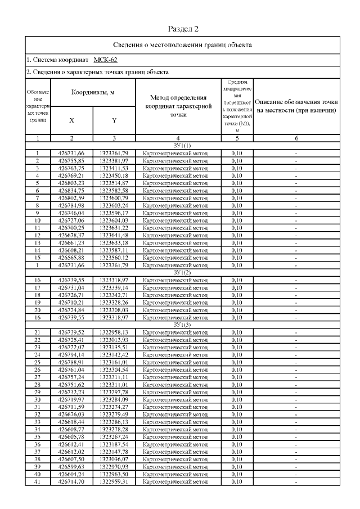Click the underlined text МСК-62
(105, 59)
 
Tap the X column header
(71, 120)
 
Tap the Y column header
(114, 120)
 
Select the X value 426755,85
(71, 160)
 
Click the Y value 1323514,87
(114, 183)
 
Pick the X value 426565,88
(71, 258)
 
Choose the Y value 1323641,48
(114, 235)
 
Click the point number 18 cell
(37, 295)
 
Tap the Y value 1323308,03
(114, 309)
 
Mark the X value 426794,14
(71, 354)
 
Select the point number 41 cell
(37, 481)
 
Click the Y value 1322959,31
(114, 481)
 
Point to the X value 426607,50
(71, 459)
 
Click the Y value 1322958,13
(114, 332)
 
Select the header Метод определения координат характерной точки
(178, 106)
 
